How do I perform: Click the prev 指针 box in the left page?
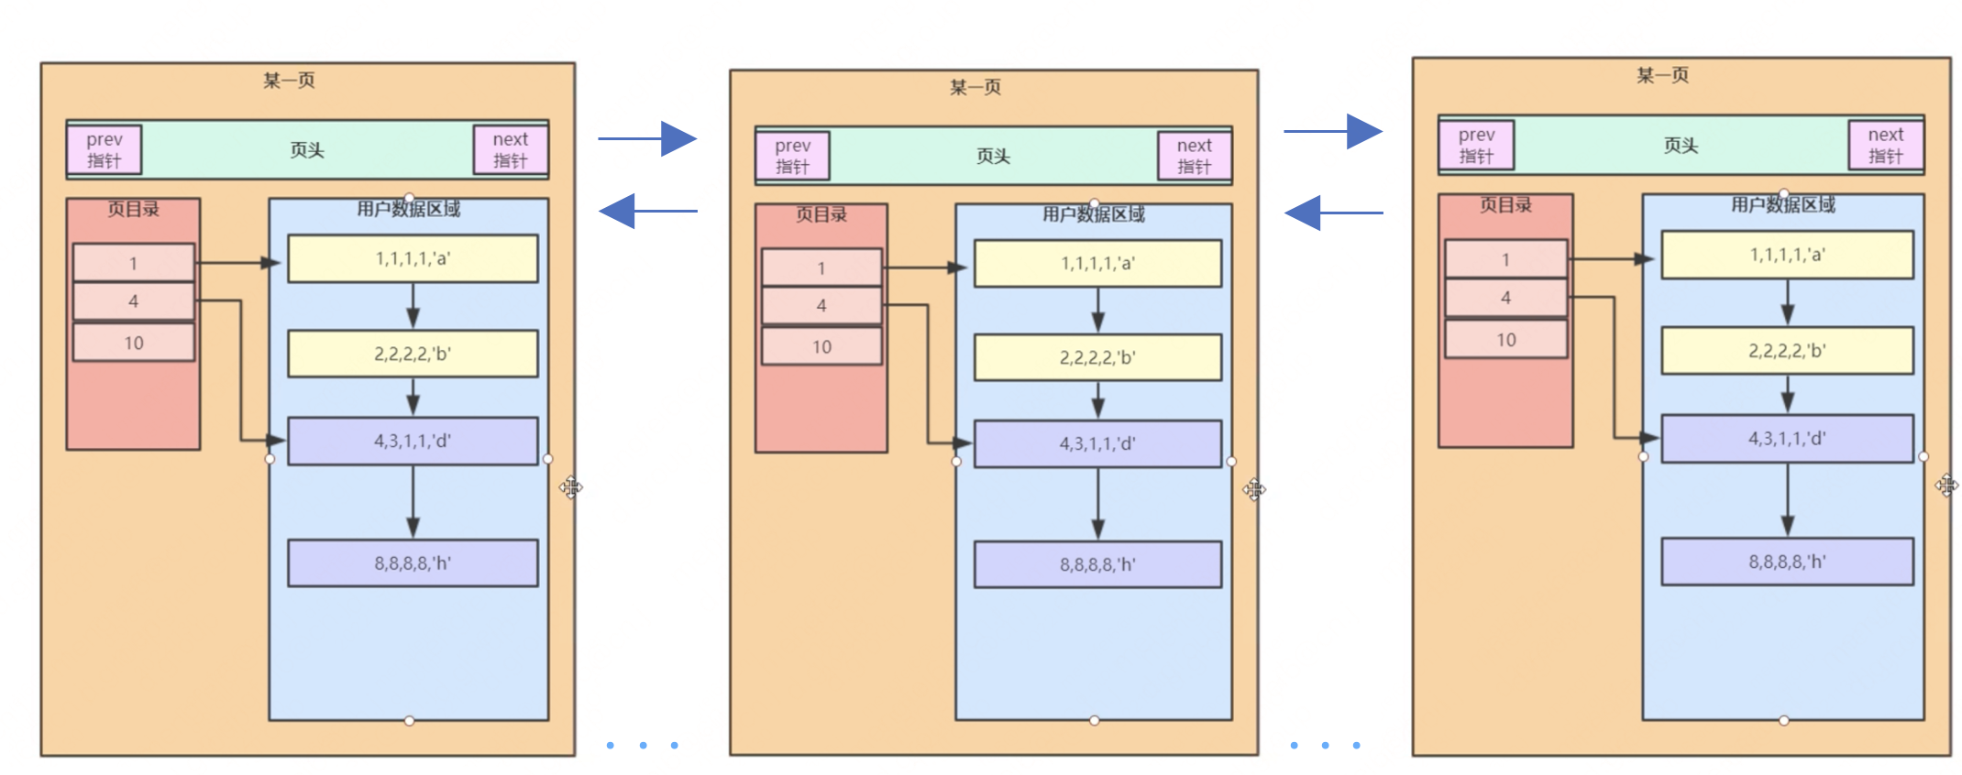click(x=105, y=150)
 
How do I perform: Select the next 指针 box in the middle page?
click(x=1194, y=156)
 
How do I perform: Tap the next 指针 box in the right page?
click(x=1885, y=146)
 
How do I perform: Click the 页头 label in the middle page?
click(x=993, y=157)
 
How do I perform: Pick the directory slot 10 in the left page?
click(x=134, y=343)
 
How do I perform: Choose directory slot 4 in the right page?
click(x=1505, y=298)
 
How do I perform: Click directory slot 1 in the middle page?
click(x=821, y=268)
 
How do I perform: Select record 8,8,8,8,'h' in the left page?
click(x=413, y=563)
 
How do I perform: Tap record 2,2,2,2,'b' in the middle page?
click(x=1097, y=357)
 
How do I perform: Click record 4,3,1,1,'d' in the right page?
click(x=1787, y=439)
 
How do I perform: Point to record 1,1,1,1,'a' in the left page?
click(x=413, y=258)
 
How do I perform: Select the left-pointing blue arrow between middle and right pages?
click(x=1333, y=213)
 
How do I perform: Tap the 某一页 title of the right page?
click(x=1662, y=75)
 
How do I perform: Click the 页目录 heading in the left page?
click(x=134, y=209)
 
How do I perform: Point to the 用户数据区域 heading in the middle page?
click(x=1094, y=214)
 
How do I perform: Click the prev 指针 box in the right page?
click(x=1476, y=146)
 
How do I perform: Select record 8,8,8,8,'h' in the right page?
click(x=1787, y=562)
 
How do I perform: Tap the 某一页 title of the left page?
click(x=289, y=81)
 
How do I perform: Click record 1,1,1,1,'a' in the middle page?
click(x=1097, y=264)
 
